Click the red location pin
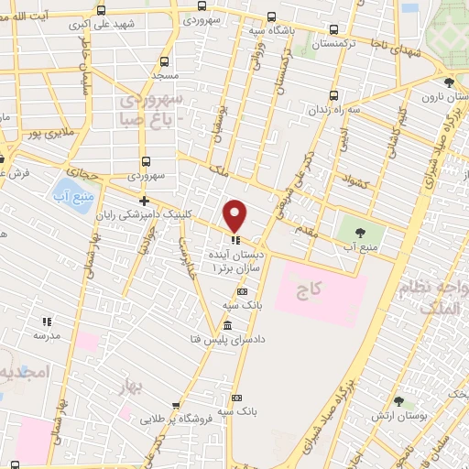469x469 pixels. coord(235,214)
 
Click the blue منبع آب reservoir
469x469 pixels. coord(76,195)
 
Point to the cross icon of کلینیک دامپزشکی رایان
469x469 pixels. coord(143,201)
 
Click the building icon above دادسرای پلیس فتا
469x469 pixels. coord(226,327)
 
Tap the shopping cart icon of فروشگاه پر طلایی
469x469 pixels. coord(174,405)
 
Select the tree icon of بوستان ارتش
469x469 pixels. coord(398,401)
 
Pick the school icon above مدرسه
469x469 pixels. coord(47,322)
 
